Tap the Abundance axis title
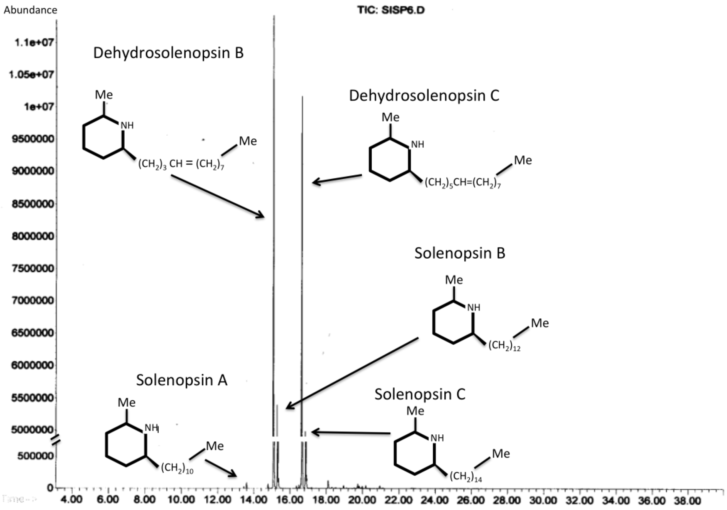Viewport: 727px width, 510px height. [31, 10]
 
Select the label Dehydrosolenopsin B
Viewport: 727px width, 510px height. [168, 53]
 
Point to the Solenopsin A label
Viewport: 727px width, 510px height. [182, 380]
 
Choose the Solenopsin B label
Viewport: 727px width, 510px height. [460, 253]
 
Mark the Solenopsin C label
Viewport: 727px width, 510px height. [420, 394]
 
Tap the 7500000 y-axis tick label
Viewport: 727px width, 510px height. [33, 269]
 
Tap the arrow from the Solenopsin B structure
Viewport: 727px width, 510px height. [352, 374]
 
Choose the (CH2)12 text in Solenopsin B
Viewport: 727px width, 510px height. [504, 346]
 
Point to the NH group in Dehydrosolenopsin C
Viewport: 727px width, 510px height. [417, 145]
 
